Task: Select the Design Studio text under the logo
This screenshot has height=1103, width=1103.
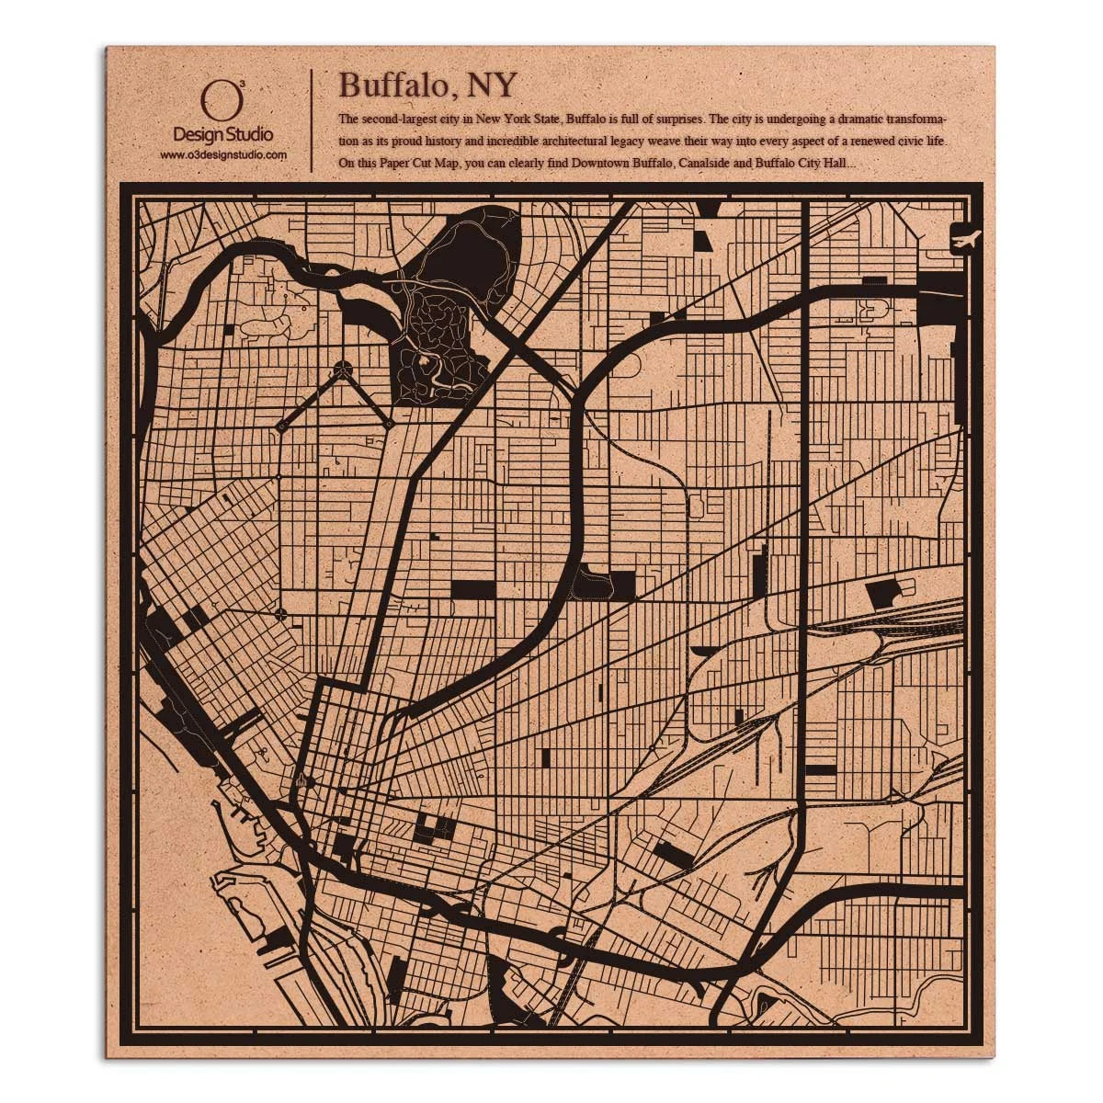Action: [223, 135]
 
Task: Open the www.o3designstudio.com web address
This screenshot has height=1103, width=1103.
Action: [223, 155]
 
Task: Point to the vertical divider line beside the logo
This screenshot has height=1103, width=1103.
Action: [313, 119]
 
